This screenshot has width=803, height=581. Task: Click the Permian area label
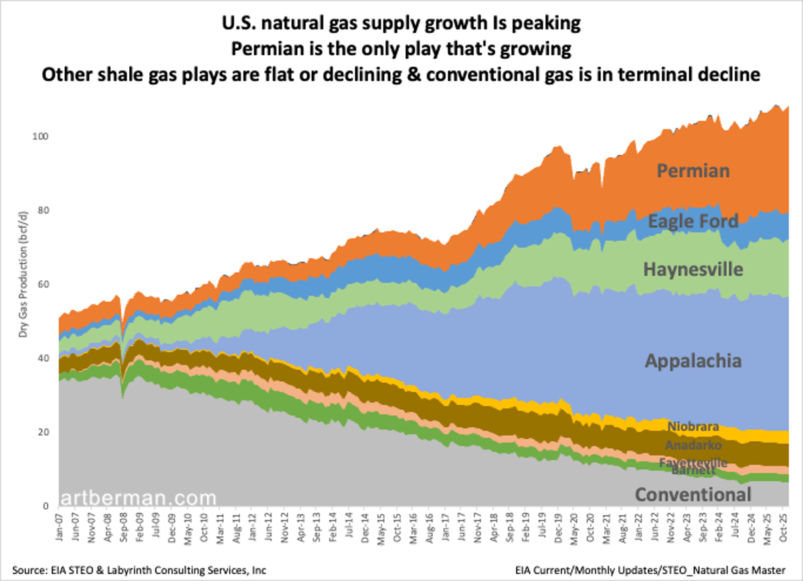pos(693,171)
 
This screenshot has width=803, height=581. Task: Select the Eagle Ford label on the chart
pos(693,221)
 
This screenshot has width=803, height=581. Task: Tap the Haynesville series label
pos(693,269)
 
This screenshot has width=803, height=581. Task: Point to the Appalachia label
pos(693,361)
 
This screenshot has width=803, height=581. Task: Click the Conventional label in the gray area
pos(693,495)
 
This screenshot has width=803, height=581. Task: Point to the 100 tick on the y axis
pos(40,136)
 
